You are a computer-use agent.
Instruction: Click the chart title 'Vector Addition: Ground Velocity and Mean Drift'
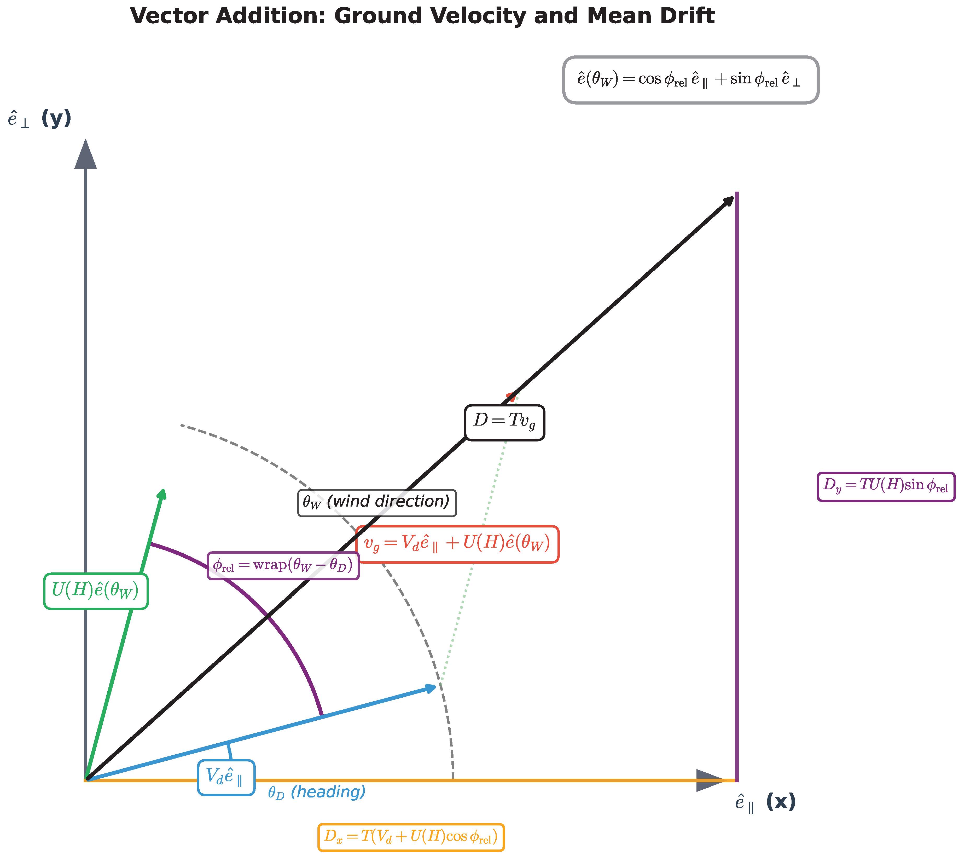422,16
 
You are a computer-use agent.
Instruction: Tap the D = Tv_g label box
504,422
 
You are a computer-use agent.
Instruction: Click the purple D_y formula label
886,486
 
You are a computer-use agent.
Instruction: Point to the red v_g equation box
457,544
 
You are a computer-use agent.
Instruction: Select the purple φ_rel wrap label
283,565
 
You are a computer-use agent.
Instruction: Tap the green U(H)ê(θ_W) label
96,591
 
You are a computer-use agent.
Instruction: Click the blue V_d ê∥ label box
226,777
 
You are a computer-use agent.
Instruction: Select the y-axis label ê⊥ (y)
39,118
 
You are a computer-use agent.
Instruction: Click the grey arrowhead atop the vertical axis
86,155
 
